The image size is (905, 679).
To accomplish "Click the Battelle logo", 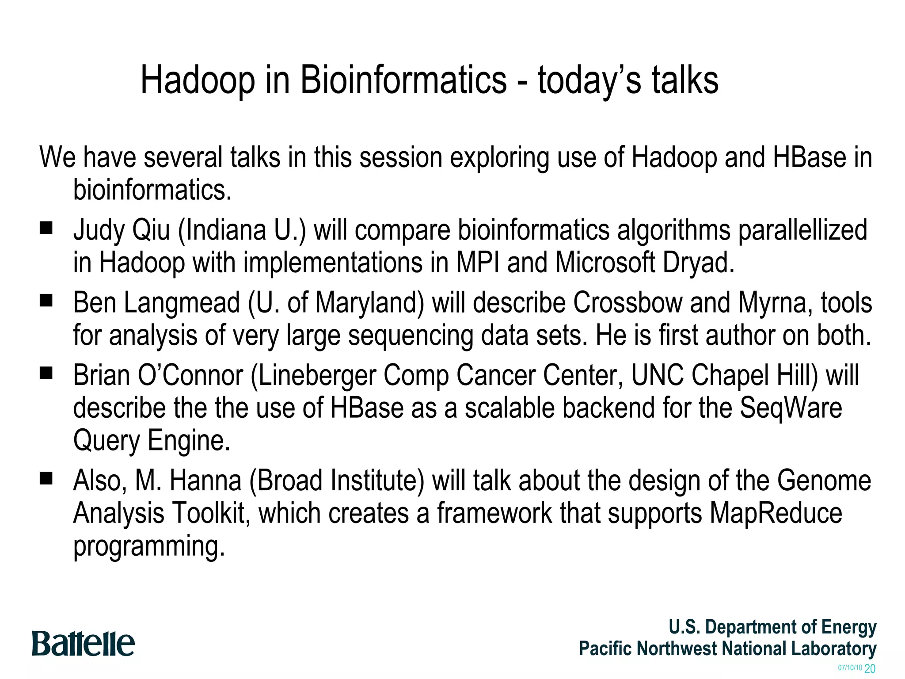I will [x=83, y=644].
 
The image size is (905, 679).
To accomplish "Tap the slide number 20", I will [x=870, y=669].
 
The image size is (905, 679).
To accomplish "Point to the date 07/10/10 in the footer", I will [x=850, y=668].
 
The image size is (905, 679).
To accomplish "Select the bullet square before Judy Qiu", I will [x=46, y=228].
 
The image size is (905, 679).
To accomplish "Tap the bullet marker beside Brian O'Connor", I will [x=46, y=374].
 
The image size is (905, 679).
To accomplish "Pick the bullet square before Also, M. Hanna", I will [x=46, y=478].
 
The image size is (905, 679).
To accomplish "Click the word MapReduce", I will [x=776, y=513].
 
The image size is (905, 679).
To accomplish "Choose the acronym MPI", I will [x=478, y=262].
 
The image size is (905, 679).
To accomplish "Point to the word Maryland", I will [x=369, y=304].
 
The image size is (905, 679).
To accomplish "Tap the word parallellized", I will [x=802, y=230].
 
